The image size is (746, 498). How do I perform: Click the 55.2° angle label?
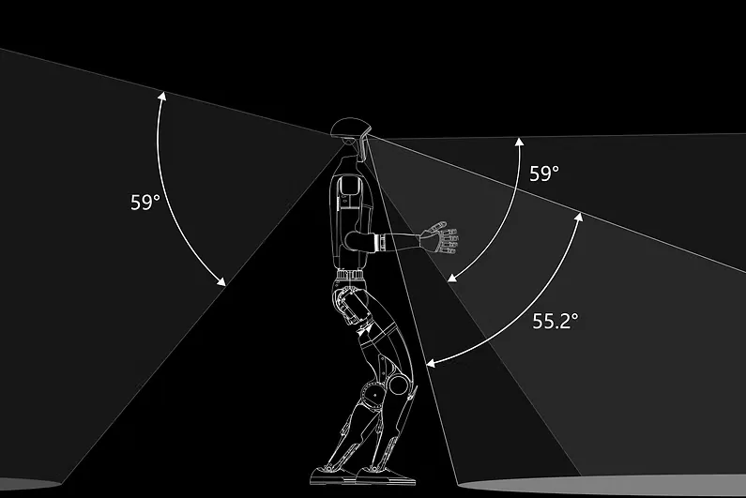point(556,321)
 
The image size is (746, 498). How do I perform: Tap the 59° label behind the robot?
point(146,202)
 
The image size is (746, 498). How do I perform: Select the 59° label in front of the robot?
point(544,174)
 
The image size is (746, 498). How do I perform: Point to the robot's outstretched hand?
point(440,236)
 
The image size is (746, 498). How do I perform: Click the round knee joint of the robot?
point(399,383)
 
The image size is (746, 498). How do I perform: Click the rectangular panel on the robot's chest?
point(350,192)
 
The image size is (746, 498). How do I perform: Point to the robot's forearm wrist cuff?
point(383,244)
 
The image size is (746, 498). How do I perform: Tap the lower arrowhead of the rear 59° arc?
point(222,282)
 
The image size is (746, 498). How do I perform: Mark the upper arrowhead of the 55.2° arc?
point(578,218)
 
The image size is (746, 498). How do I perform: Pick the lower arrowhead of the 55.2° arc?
point(428,362)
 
